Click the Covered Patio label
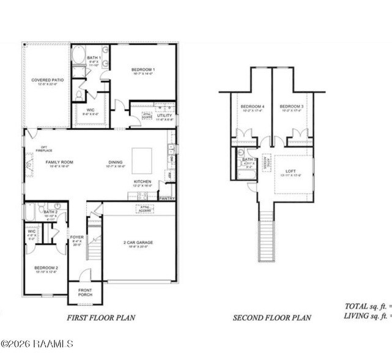pos(47,80)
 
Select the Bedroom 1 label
pos(143,70)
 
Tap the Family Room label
pos(59,162)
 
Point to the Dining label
pos(116,162)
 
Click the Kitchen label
pos(142,182)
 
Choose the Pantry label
pos(166,198)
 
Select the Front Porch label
pos(85,293)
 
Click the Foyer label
pos(76,237)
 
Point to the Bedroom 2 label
pos(46,268)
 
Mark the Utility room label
pos(165,115)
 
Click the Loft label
pos(290,171)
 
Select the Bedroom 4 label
pos(252,107)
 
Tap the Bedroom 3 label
pos(292,107)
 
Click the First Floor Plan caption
pos(100,318)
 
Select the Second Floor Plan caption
pos(272,318)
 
